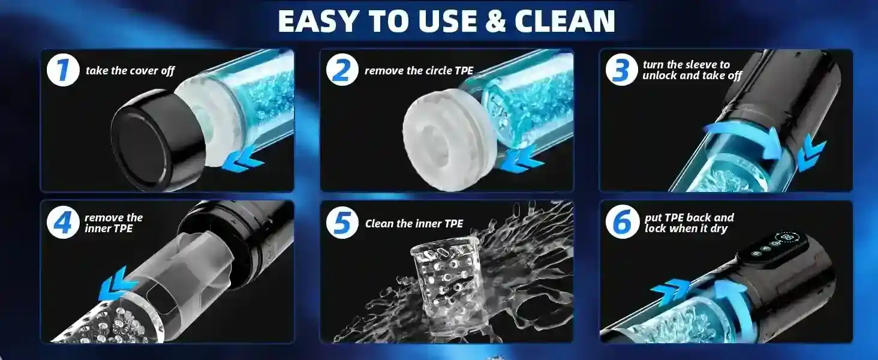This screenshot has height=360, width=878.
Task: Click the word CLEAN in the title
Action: pos(564,21)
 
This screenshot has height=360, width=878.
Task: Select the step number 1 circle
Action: pos(63,70)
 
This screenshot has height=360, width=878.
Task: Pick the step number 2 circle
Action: pos(342,70)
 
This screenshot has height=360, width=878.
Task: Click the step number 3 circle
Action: pos(622,70)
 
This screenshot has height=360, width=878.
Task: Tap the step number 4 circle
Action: pos(63,222)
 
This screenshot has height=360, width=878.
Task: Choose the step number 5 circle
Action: pos(342,222)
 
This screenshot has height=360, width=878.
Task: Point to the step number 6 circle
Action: pos(622,222)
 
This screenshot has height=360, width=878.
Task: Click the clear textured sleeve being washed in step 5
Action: pos(446,287)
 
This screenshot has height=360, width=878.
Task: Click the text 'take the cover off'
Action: pos(130,71)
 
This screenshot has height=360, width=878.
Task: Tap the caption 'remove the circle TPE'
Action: pos(419,71)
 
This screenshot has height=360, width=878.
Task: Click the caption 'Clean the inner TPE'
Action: pos(414,224)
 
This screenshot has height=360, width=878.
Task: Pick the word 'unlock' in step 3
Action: pos(660,75)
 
